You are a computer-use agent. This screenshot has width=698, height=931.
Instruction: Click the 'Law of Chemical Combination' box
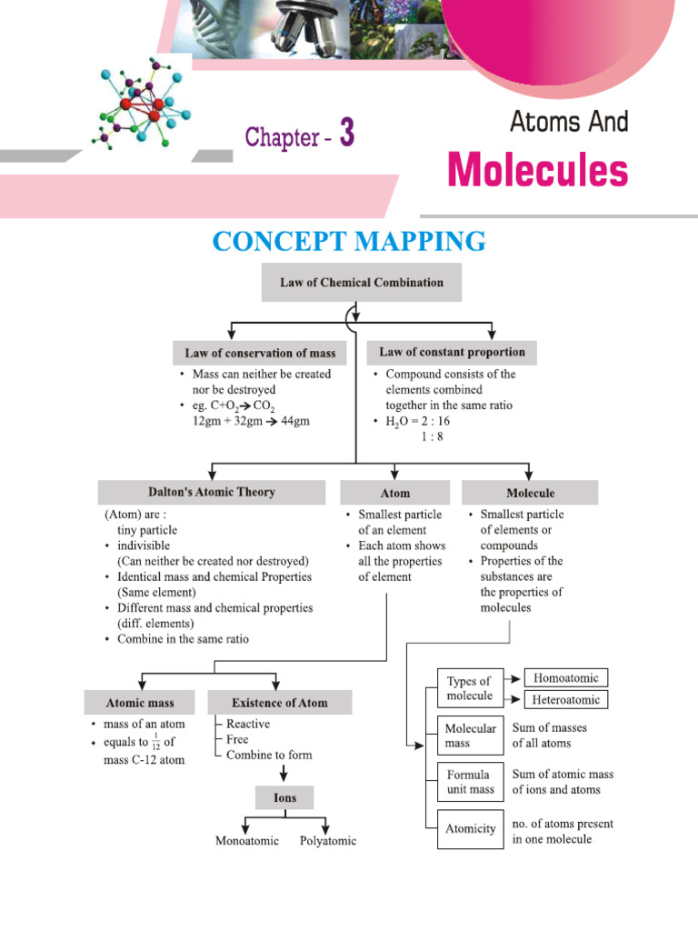click(x=362, y=283)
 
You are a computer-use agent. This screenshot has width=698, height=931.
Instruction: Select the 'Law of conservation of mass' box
click(x=260, y=353)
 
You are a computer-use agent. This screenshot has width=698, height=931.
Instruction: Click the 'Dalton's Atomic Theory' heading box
click(x=211, y=493)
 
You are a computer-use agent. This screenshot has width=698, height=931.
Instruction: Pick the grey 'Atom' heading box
click(x=394, y=494)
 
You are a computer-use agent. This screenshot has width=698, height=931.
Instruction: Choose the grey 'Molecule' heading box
click(x=530, y=494)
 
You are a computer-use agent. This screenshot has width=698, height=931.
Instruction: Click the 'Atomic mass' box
click(x=139, y=703)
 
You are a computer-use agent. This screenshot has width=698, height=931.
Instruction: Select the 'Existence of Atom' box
click(x=279, y=703)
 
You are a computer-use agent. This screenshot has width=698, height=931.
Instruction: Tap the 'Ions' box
click(x=285, y=798)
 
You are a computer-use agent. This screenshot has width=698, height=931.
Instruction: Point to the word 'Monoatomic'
click(x=247, y=841)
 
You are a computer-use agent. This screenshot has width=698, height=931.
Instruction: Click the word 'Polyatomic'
click(x=328, y=841)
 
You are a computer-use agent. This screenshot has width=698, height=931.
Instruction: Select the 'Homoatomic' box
click(x=566, y=677)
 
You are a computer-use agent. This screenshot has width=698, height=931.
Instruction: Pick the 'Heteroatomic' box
click(x=566, y=700)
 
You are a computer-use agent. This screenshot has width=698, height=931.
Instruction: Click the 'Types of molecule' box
click(x=470, y=689)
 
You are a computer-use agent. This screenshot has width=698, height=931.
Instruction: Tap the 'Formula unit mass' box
click(x=470, y=782)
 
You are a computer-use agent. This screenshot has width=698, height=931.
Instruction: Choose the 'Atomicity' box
click(x=470, y=828)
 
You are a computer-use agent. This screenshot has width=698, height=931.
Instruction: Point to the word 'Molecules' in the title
click(x=537, y=170)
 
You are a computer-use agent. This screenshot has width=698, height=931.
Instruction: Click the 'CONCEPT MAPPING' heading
click(x=349, y=242)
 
